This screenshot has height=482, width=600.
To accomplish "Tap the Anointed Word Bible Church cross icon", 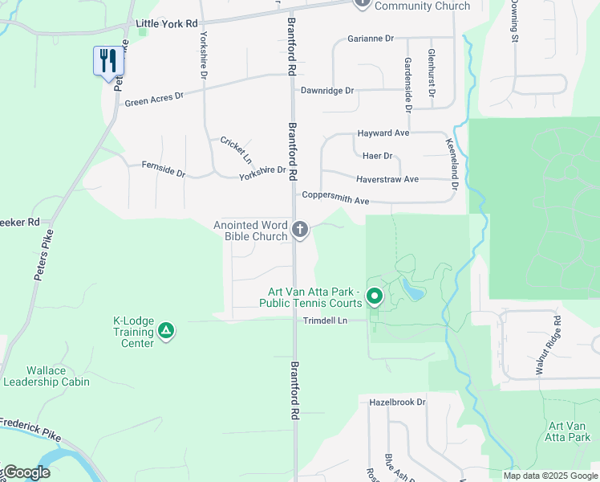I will coord(300,231).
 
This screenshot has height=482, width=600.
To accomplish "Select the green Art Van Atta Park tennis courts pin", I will coord(375,296).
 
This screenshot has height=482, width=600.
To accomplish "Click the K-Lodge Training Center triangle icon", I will coord(166,330).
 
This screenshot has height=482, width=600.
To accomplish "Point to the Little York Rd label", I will coord(166,24).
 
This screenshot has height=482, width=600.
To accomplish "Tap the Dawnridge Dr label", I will coord(326,91).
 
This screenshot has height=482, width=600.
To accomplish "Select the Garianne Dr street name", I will coord(371,39).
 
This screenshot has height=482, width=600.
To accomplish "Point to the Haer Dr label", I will coord(377,156).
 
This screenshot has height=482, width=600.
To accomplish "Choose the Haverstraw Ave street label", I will coord(388,179).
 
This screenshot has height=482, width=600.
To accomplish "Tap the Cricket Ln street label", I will coord(236,151).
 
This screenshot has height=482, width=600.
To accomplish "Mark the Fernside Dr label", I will coord(163,173).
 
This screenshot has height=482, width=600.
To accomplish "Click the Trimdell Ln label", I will coord(325,320).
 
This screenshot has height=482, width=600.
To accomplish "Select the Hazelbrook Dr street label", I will coord(397,402).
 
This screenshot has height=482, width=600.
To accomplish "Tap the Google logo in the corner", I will coord(26,472).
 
